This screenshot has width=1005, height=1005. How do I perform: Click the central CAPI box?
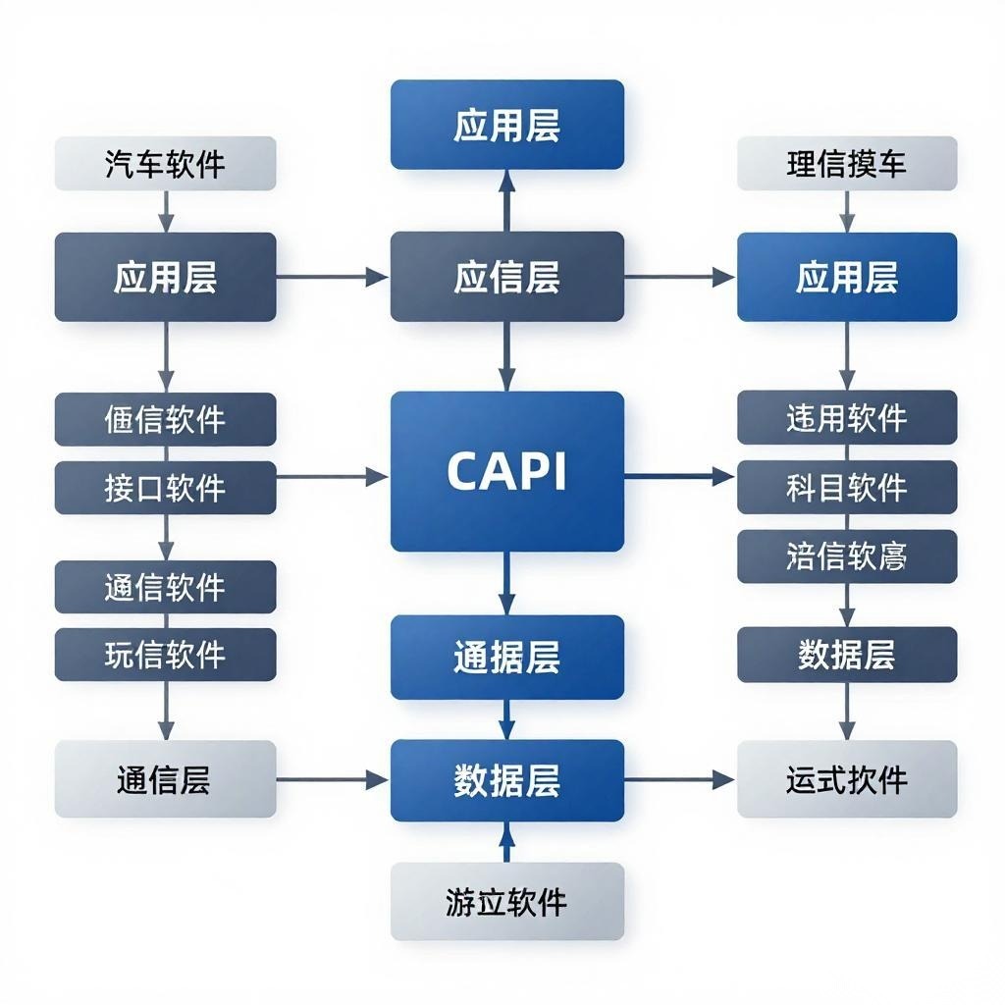click(506, 471)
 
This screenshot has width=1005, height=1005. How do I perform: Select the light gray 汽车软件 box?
click(165, 163)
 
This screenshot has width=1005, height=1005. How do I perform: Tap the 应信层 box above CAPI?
click(506, 277)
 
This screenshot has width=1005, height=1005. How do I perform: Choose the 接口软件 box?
click(165, 488)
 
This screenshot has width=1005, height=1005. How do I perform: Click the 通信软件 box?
click(165, 587)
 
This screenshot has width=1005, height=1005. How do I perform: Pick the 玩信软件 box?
click(165, 655)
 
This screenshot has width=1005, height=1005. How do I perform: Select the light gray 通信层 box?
click(165, 780)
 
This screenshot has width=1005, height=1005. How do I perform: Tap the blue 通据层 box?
click(506, 657)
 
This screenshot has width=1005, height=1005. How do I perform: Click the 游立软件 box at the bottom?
click(506, 901)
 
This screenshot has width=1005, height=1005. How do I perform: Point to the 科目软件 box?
click(846, 487)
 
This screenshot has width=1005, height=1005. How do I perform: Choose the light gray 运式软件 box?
click(846, 780)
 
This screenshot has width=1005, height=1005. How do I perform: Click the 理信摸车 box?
click(846, 163)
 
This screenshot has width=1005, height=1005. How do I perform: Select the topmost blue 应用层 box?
click(506, 125)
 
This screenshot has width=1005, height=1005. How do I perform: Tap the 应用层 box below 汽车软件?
click(165, 277)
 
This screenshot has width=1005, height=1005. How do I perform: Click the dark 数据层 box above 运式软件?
click(846, 655)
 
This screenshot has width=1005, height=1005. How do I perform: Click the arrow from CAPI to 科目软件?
click(679, 477)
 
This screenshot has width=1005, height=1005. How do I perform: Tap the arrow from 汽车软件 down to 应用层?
click(165, 210)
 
